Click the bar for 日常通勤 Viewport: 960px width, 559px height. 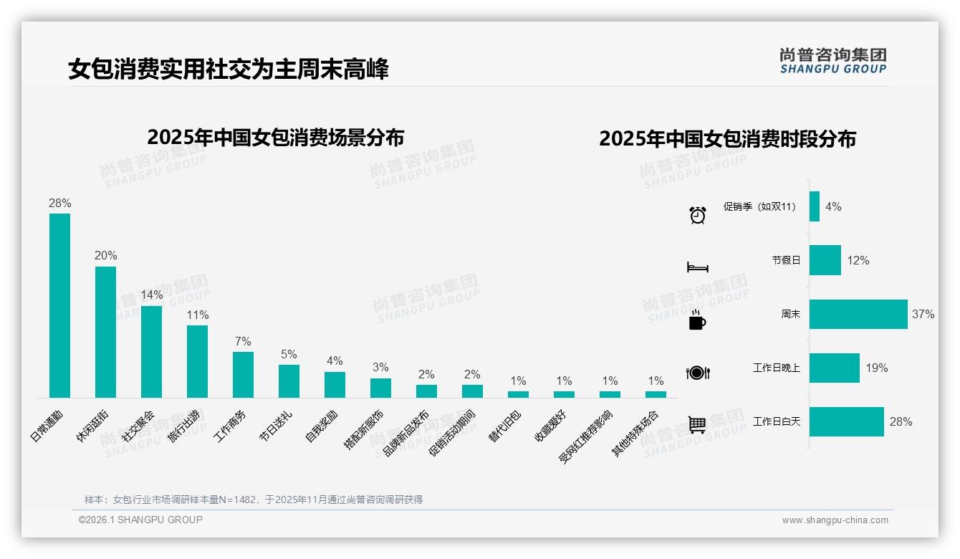pyautogui.click(x=59, y=305)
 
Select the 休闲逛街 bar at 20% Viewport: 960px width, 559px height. pyautogui.click(x=105, y=332)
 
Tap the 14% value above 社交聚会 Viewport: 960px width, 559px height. pyautogui.click(x=152, y=295)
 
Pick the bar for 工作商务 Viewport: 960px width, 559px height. pyautogui.click(x=243, y=374)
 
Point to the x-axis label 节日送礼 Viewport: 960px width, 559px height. pyautogui.click(x=276, y=426)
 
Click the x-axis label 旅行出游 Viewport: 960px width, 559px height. pyautogui.click(x=184, y=426)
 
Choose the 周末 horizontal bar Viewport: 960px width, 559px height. pyautogui.click(x=858, y=314)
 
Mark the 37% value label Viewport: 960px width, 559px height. pyautogui.click(x=923, y=314)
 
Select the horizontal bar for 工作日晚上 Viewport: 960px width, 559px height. pyautogui.click(x=835, y=368)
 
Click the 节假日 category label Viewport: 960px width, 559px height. pyautogui.click(x=786, y=260)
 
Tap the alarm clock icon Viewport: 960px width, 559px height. pyautogui.click(x=698, y=214)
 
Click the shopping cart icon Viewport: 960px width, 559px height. pyautogui.click(x=697, y=425)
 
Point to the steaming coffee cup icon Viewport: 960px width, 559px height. pyautogui.click(x=697, y=320)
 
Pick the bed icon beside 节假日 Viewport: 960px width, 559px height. pyautogui.click(x=698, y=267)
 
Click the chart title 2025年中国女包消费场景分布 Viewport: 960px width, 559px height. pyautogui.click(x=276, y=137)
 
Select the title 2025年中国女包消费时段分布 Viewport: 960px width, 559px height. pyautogui.click(x=727, y=138)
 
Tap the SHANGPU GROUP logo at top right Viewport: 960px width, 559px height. pyautogui.click(x=832, y=61)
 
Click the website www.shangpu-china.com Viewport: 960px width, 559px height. pyautogui.click(x=835, y=520)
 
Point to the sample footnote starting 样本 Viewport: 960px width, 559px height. pyautogui.click(x=254, y=500)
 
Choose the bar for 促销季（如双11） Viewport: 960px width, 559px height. pyautogui.click(x=815, y=206)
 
